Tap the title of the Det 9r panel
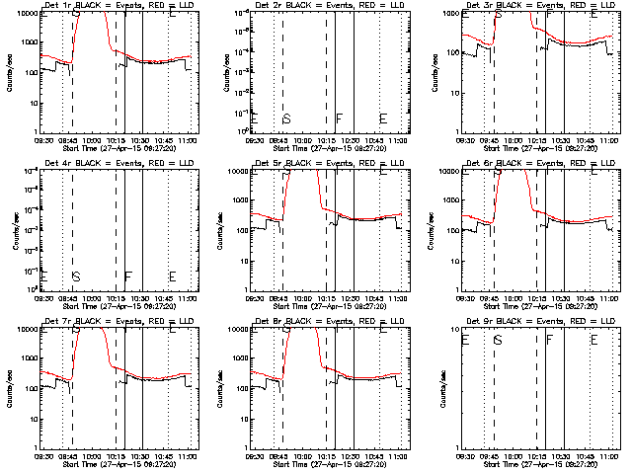click(540, 321)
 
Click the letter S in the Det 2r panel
click(286, 119)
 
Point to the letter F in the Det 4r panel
click(127, 276)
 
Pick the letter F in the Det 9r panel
click(550, 340)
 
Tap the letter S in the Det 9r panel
click(498, 340)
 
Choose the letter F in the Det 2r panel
click(339, 119)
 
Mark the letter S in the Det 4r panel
click(76, 276)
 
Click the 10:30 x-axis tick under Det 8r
click(353, 457)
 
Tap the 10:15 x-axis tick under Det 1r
click(116, 141)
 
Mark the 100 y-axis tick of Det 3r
click(453, 53)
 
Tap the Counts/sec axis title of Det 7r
click(11, 385)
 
